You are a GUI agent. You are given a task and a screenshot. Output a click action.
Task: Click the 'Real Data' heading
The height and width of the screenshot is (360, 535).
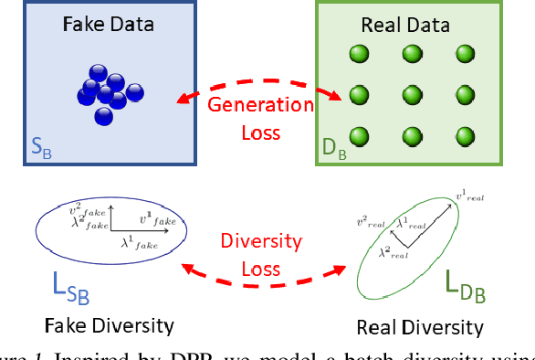click(409, 25)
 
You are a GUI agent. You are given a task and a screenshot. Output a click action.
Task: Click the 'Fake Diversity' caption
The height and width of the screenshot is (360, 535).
click(110, 325)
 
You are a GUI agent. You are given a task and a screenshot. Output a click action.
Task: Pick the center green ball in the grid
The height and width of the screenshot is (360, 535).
click(407, 93)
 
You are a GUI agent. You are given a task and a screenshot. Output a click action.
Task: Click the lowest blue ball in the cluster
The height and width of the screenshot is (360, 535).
click(103, 116)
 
